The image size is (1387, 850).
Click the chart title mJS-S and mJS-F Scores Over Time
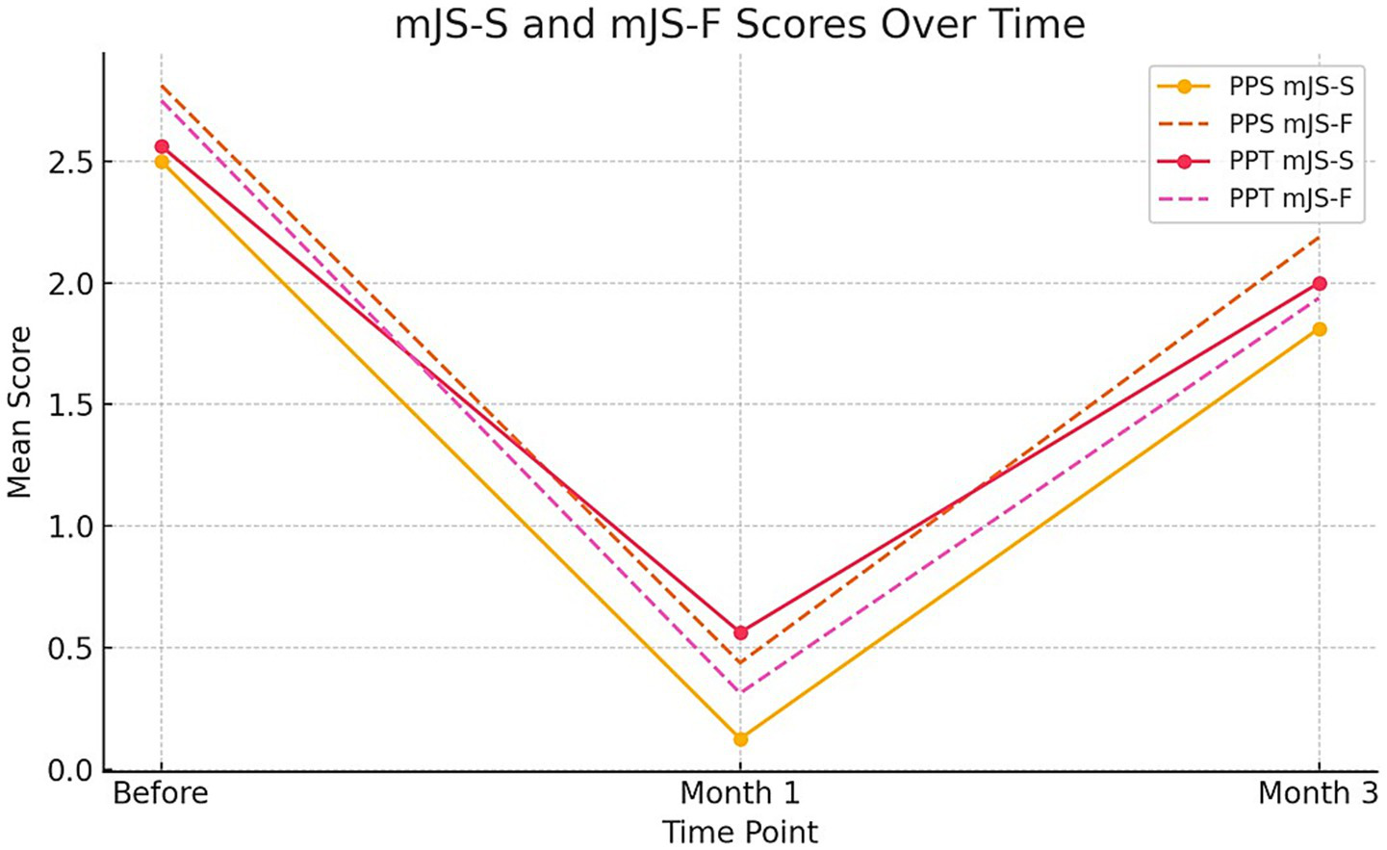[x=739, y=24]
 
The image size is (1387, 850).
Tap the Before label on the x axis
[x=161, y=793]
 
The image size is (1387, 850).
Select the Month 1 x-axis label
[x=739, y=793]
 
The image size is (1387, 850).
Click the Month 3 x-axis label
[x=1318, y=793]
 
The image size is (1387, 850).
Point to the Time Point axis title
[x=739, y=832]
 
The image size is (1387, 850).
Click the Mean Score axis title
[x=19, y=412]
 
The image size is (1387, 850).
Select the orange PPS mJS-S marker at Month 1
[x=740, y=739]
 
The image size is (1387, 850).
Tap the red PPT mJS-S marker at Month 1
[x=740, y=632]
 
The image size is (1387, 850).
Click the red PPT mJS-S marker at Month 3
[x=1319, y=284]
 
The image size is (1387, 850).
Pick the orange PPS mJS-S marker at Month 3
[x=1319, y=329]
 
